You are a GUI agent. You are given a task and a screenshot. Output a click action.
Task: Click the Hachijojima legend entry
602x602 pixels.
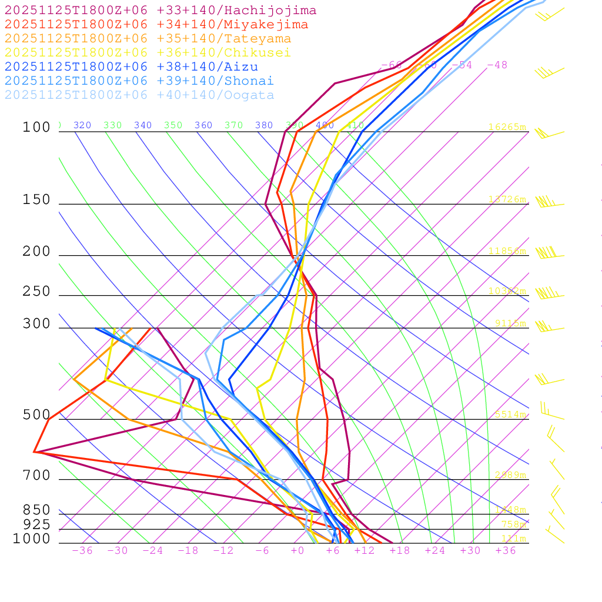[160, 11]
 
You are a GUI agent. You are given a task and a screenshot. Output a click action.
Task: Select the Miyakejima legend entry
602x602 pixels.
[156, 25]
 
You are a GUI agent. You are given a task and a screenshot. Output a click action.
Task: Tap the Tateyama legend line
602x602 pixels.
[148, 39]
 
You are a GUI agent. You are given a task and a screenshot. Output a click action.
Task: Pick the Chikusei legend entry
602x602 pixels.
[148, 53]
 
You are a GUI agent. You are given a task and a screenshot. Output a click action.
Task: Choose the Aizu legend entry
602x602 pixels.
[131, 67]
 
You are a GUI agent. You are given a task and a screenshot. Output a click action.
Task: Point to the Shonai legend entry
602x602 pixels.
[139, 81]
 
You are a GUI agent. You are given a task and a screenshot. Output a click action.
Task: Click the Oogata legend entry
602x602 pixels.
[139, 95]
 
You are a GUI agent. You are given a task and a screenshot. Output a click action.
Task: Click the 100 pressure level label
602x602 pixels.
[36, 128]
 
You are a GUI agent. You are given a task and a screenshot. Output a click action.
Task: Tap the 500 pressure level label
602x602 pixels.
[36, 415]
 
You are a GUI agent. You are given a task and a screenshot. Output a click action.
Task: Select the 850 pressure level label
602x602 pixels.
[36, 510]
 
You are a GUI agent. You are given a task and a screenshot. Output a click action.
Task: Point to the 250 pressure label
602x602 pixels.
[36, 292]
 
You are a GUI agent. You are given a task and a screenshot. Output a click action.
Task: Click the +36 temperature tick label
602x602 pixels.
[506, 551]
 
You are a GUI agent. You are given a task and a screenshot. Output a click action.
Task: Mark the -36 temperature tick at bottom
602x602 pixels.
[82, 551]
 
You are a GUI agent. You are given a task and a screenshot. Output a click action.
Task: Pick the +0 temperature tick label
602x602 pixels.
[297, 551]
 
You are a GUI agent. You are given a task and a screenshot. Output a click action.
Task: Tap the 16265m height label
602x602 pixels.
[507, 127]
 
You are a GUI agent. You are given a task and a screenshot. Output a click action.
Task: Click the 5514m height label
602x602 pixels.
[510, 414]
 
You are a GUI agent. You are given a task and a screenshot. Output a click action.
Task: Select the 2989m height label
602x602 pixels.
[510, 475]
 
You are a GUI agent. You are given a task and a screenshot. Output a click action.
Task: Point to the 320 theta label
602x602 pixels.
[82, 125]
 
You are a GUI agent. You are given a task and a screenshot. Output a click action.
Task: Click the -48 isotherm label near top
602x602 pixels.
[497, 65]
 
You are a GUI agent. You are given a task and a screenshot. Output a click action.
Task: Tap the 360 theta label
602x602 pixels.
[203, 125]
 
